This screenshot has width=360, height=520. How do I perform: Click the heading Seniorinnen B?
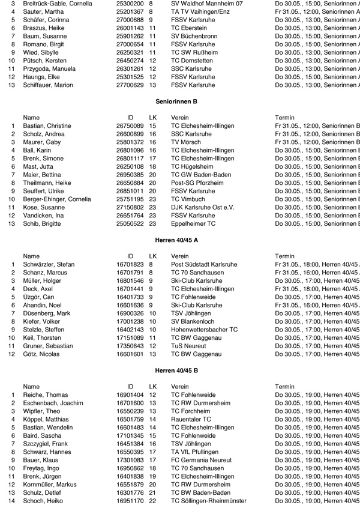click(x=176, y=101)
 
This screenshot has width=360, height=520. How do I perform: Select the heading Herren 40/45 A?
click(x=176, y=240)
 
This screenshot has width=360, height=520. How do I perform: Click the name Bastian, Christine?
click(x=47, y=125)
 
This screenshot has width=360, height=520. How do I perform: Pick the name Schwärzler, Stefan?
click(x=49, y=264)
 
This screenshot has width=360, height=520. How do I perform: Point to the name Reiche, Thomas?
click(x=45, y=394)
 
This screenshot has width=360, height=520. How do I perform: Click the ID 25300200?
click(x=130, y=3)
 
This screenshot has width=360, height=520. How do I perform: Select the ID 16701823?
click(x=130, y=264)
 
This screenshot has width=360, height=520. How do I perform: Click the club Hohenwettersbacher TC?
click(x=204, y=330)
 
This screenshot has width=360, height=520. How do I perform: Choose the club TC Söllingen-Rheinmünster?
click(x=208, y=501)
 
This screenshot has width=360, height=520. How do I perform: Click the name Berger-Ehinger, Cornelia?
click(x=56, y=199)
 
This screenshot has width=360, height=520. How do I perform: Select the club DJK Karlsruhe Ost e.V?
click(x=202, y=207)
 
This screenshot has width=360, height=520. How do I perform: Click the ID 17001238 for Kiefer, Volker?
click(x=130, y=321)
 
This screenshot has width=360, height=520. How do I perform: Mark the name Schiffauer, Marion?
click(x=48, y=85)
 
